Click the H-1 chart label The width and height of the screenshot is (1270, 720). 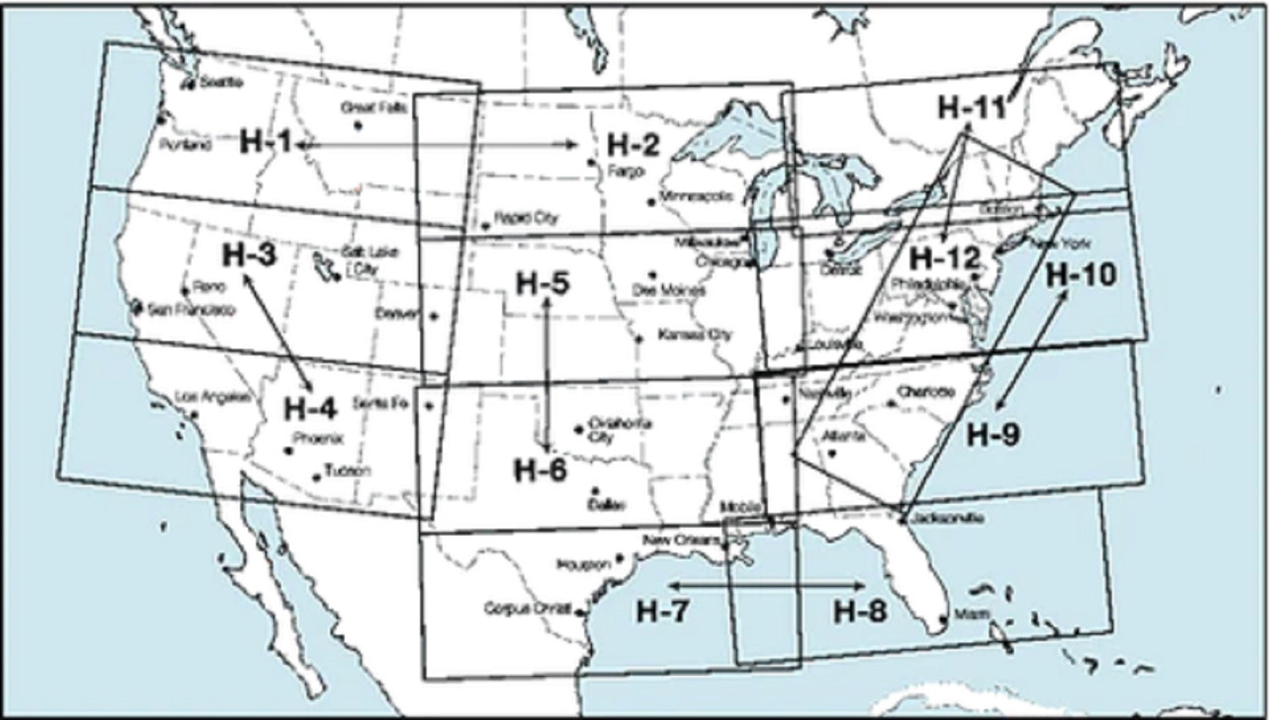[x=266, y=141]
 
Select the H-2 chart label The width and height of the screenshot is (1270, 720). [x=632, y=146]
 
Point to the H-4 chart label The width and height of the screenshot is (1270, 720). [x=310, y=408]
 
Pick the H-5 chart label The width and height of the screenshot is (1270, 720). [x=543, y=284]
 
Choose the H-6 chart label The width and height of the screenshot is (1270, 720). [x=540, y=470]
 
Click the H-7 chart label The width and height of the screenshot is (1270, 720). [x=662, y=611]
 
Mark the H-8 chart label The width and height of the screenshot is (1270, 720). [x=860, y=611]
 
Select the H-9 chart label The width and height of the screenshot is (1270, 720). [x=993, y=435]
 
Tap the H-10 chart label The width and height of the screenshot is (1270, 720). [x=1081, y=274]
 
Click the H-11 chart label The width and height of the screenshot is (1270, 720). [x=972, y=108]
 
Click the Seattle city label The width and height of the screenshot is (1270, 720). [x=222, y=83]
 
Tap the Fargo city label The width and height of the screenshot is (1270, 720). [x=626, y=171]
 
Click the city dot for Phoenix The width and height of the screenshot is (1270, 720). [x=289, y=451]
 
